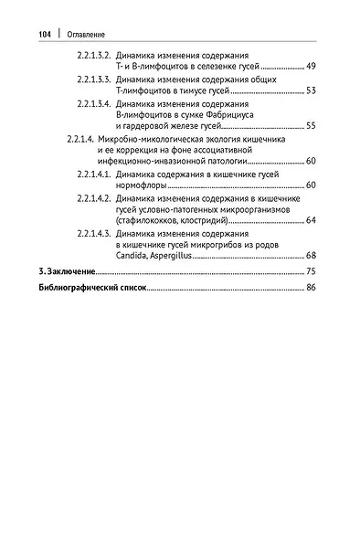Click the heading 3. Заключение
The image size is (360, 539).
pos(61,272)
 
